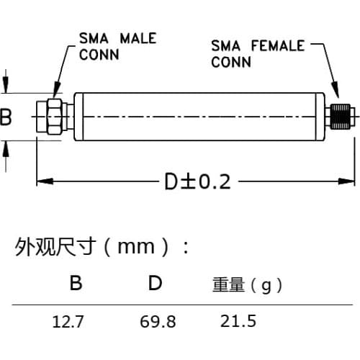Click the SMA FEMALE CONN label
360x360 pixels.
click(256, 53)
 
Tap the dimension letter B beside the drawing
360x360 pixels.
click(6, 117)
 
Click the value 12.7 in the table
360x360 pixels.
click(68, 322)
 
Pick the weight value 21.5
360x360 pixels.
click(238, 321)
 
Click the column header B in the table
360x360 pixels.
click(76, 284)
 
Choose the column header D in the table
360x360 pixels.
click(155, 284)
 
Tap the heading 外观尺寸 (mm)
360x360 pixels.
click(101, 248)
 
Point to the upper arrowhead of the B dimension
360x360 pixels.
click(6, 84)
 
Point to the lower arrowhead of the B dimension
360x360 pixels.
click(6, 147)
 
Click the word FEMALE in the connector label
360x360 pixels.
click(276, 45)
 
